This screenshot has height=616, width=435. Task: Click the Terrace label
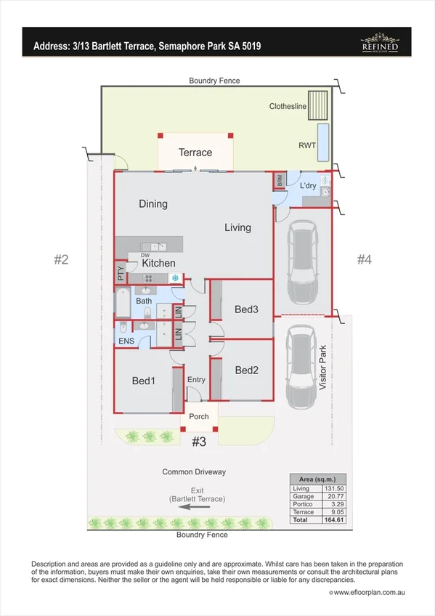pyautogui.click(x=195, y=153)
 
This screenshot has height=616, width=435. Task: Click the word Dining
pyautogui.click(x=153, y=204)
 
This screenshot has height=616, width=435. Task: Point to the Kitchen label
pyautogui.click(x=158, y=263)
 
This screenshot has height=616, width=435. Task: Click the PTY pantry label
pyautogui.click(x=120, y=275)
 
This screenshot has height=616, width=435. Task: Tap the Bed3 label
pyautogui.click(x=246, y=309)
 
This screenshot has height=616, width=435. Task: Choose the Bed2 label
pyautogui.click(x=246, y=370)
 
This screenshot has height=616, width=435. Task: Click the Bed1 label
pyautogui.click(x=143, y=381)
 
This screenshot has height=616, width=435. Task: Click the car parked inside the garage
pyautogui.click(x=302, y=263)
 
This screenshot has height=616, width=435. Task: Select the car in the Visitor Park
pyautogui.click(x=301, y=367)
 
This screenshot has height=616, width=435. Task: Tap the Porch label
pyautogui.click(x=198, y=416)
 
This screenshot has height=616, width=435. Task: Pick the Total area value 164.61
pyautogui.click(x=332, y=521)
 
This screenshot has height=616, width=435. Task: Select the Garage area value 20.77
pyautogui.click(x=332, y=496)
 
